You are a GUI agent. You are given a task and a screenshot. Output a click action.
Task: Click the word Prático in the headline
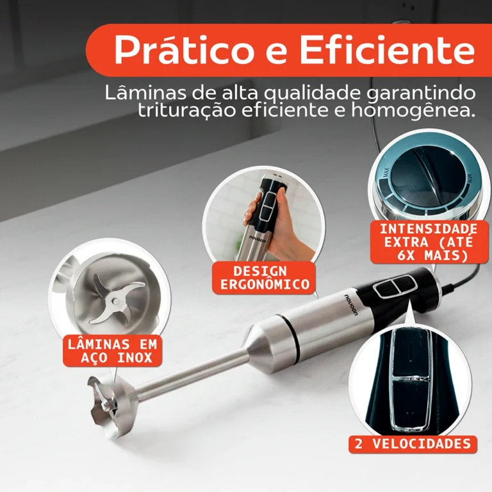(183, 50)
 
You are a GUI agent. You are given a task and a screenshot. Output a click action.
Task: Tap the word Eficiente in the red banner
(387, 49)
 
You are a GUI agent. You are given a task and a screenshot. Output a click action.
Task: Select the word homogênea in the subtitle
(412, 111)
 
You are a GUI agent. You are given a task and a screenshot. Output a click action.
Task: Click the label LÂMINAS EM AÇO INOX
(112, 351)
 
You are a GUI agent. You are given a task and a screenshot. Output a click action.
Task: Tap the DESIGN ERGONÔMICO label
(265, 277)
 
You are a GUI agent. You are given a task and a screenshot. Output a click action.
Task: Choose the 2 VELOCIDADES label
(413, 444)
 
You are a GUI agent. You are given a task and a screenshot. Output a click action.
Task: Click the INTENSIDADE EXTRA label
(429, 242)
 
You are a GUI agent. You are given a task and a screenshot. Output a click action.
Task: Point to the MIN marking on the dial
(470, 179)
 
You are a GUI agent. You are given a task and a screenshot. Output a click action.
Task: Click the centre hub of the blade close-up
(115, 301)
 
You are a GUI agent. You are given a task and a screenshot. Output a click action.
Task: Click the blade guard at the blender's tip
(111, 406)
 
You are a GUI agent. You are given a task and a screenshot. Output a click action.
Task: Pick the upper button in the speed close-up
(411, 353)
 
